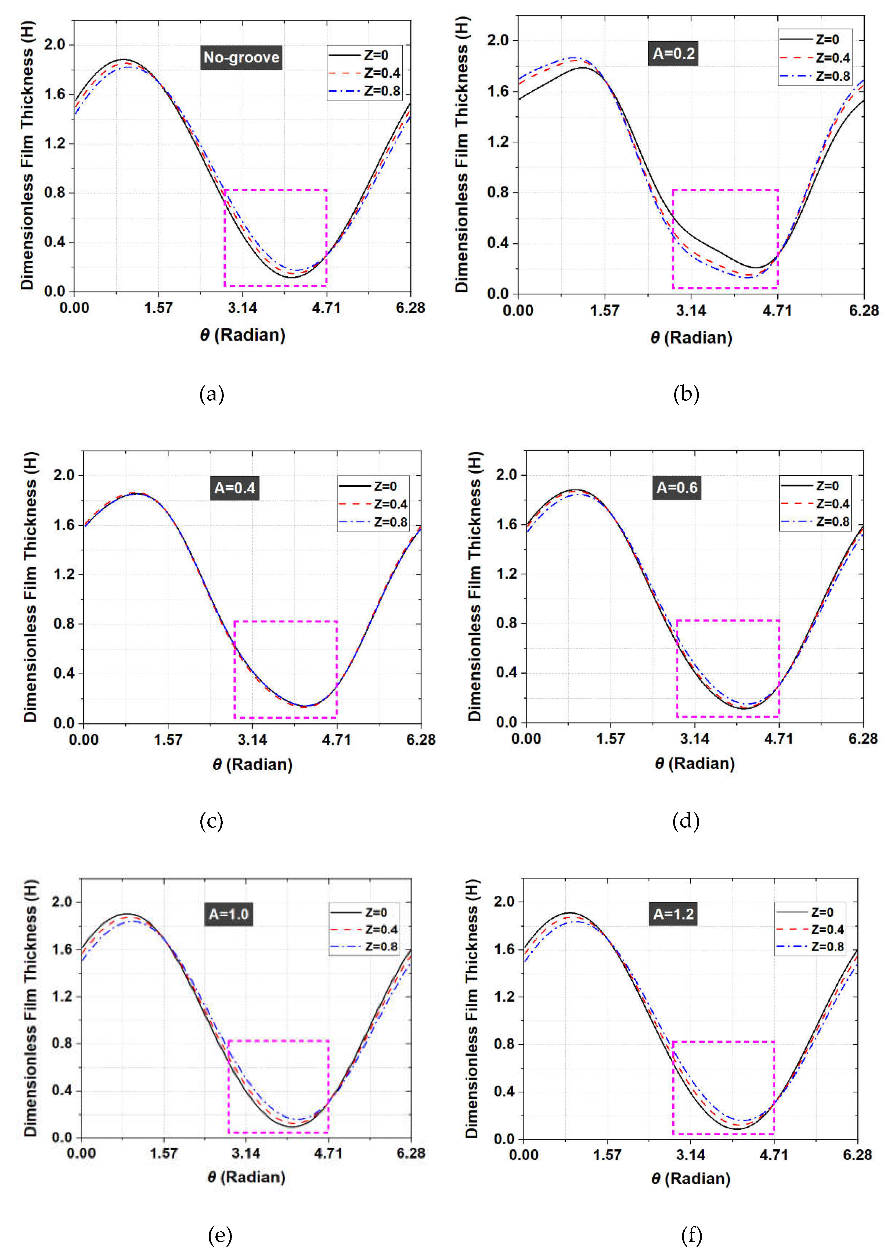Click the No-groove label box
coord(241,58)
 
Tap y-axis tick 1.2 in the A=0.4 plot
coord(64,575)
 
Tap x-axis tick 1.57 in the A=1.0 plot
coord(164,1153)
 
